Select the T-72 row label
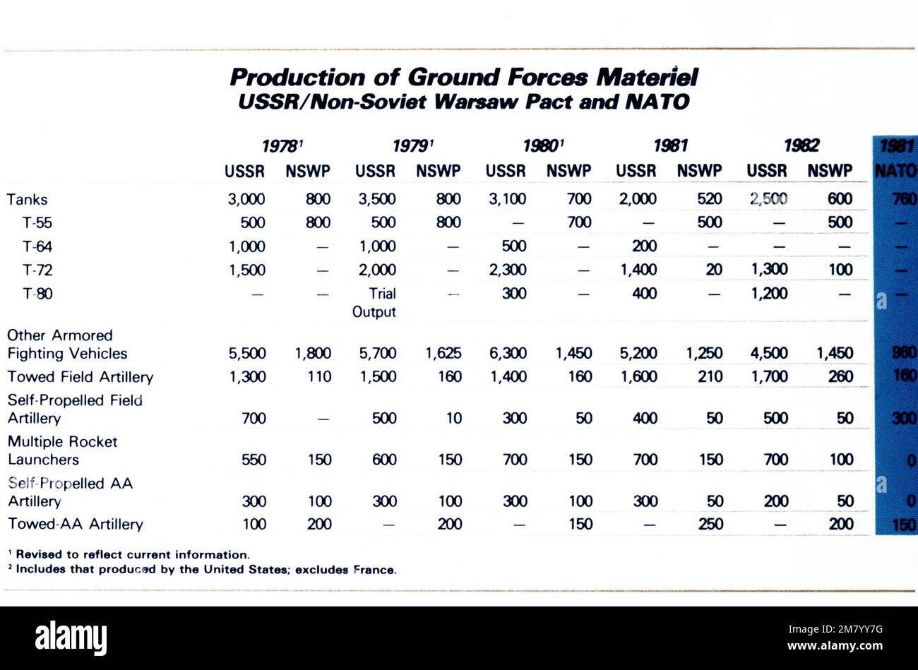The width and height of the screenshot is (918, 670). (37, 270)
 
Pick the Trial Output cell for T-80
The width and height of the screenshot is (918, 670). (375, 302)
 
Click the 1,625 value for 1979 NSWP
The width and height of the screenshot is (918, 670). (443, 353)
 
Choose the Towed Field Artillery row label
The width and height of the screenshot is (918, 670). (80, 377)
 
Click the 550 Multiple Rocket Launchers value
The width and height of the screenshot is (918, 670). (254, 460)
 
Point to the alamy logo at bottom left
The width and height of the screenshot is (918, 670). (71, 638)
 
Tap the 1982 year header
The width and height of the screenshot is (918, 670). (801, 146)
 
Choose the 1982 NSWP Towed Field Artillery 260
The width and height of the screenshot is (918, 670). (840, 377)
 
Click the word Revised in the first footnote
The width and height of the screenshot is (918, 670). (37, 555)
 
